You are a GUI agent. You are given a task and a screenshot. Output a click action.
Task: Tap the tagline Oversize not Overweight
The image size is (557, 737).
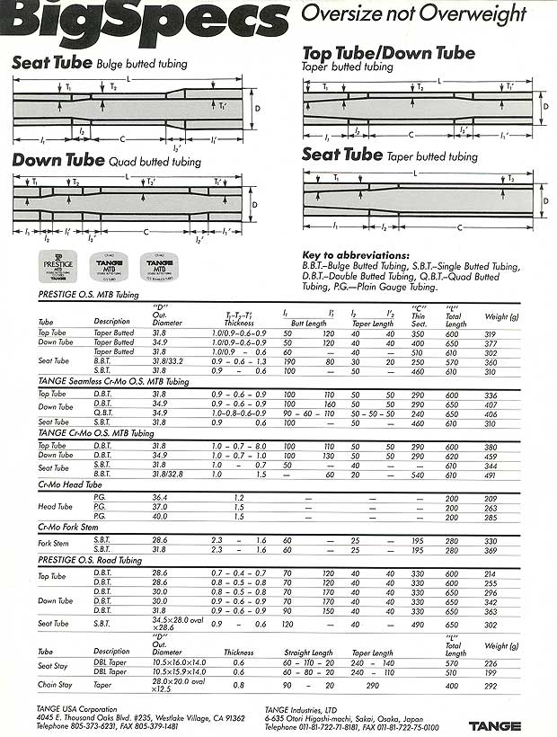[412, 13]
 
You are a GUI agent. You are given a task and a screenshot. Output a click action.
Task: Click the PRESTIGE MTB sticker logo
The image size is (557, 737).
[58, 267]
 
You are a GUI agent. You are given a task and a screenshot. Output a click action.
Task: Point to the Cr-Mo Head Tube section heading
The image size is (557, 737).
[68, 485]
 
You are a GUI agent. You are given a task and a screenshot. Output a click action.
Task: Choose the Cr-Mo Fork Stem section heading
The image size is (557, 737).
[70, 527]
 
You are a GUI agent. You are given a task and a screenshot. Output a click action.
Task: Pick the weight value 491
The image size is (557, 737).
[491, 476]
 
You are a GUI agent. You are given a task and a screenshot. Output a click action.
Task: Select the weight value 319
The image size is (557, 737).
[491, 333]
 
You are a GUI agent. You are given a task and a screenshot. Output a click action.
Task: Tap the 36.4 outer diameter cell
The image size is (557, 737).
[160, 497]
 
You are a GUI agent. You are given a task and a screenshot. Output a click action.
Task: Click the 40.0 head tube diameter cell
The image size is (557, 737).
[160, 518]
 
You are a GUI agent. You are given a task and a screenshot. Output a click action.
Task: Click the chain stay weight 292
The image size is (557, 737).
[491, 686]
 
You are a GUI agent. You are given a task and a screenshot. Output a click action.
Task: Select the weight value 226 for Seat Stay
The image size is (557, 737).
[491, 664]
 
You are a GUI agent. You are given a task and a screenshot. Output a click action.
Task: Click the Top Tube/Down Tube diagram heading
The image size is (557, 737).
[389, 53]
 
